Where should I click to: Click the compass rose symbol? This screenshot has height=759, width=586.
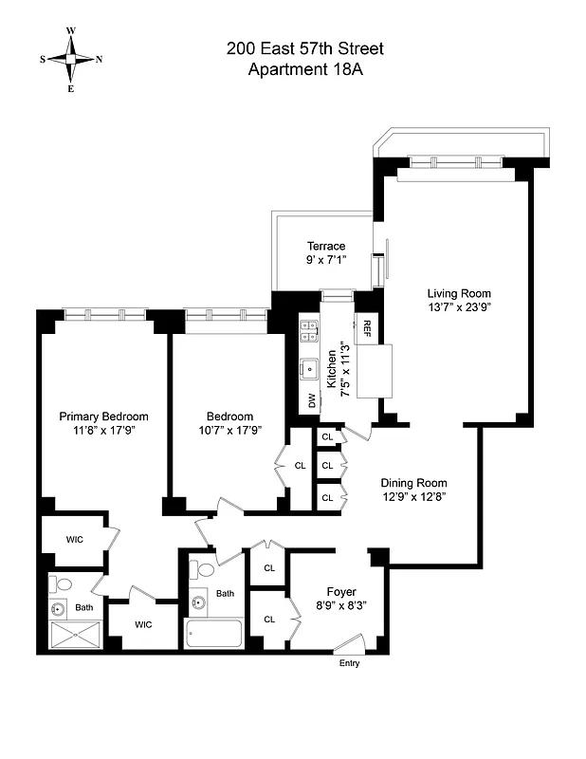(71, 59)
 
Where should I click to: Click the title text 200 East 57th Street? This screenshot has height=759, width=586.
(304, 48)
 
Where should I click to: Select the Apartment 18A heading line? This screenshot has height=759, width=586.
(304, 68)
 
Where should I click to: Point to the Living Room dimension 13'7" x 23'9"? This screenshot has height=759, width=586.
(459, 306)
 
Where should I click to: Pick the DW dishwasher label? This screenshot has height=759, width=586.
(310, 400)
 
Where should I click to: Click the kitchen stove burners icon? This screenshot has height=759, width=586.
(309, 330)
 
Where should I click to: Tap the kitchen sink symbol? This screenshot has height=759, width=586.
(309, 366)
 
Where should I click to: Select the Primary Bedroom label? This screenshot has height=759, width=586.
(103, 417)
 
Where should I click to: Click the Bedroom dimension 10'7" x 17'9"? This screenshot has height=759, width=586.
(230, 430)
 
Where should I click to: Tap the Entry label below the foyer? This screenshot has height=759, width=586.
(350, 663)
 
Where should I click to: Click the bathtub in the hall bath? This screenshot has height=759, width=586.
(214, 633)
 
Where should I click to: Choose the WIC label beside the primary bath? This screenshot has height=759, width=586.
(143, 624)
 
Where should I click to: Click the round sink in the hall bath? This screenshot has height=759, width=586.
(200, 601)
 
